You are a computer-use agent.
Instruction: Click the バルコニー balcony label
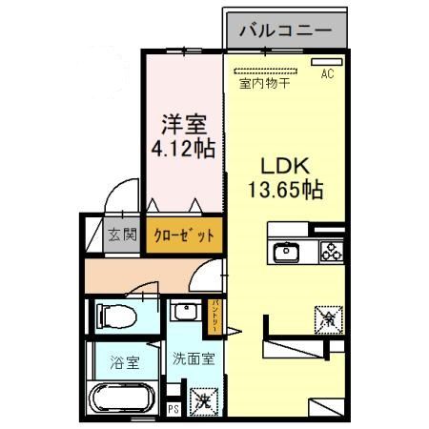[284, 31]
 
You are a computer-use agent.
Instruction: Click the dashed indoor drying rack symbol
[264, 70]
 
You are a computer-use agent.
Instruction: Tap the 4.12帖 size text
[182, 148]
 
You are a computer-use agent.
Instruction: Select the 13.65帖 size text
[286, 190]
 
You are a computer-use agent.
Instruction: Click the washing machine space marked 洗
[203, 401]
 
